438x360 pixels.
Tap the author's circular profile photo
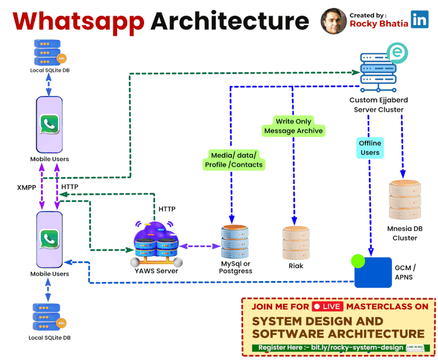(333, 21)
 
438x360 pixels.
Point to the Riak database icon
(295, 242)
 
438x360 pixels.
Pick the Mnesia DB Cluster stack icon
(405, 201)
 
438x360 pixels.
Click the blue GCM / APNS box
(373, 272)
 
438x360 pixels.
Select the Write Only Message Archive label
(293, 125)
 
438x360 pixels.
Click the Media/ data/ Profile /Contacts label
(234, 159)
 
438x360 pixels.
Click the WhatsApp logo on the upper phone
(50, 125)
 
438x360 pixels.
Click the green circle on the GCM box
(358, 261)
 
